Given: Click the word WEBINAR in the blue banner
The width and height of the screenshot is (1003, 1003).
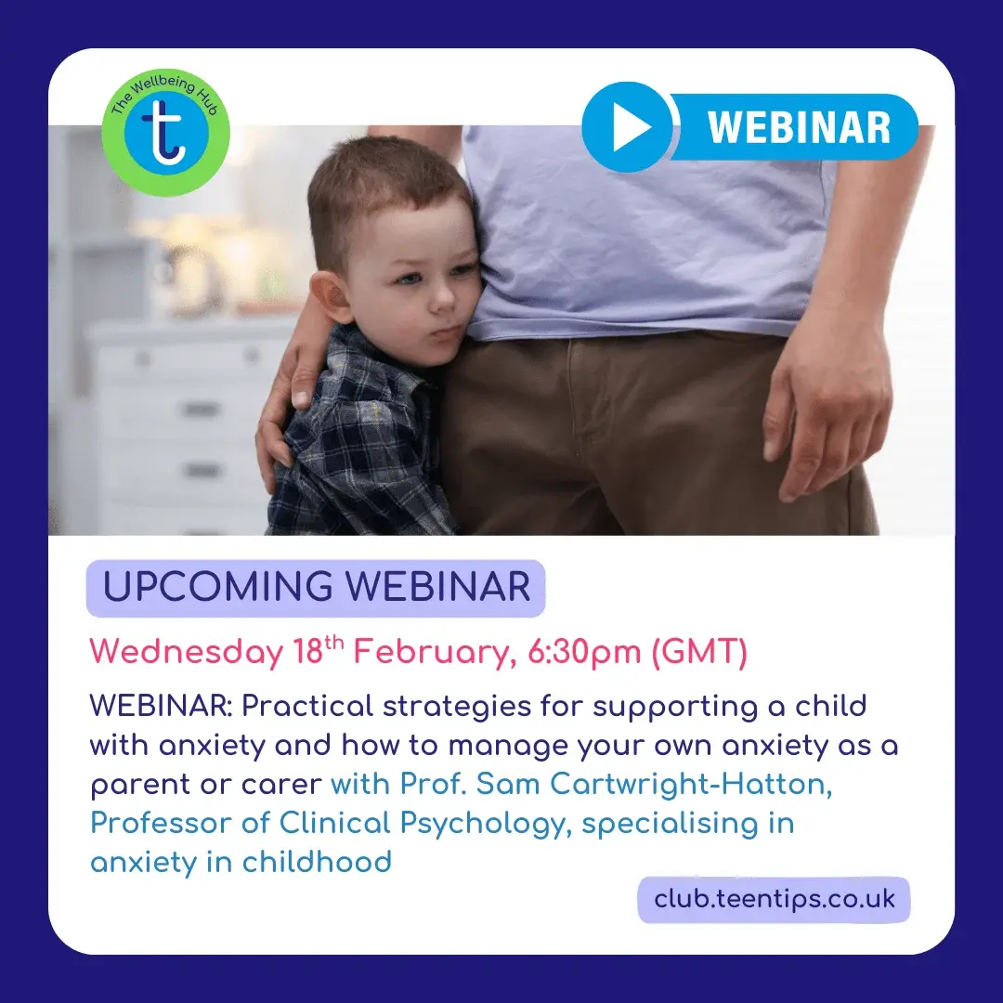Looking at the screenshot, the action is pos(799,127).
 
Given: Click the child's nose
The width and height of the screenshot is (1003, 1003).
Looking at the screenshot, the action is pos(439,298).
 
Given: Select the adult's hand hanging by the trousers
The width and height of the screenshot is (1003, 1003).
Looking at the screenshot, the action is pos(826,410).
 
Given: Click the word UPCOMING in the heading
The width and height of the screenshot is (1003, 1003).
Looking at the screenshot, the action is pos(218,587).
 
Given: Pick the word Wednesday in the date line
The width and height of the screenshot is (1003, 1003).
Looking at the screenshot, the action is pos(186,653).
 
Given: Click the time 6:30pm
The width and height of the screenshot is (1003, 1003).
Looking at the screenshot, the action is pos(584,653).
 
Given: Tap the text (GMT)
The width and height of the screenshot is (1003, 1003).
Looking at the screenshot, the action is pos(698,653).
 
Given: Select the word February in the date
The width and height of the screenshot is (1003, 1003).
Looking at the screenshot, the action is pos(435,653).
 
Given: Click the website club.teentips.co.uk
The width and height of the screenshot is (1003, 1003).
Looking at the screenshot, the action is pos(774,899).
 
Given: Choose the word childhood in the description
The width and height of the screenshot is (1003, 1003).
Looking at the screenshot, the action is pos(317,862).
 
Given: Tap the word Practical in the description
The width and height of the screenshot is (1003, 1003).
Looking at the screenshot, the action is pos(306,707).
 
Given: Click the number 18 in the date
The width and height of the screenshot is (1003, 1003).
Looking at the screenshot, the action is pos(307,652).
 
